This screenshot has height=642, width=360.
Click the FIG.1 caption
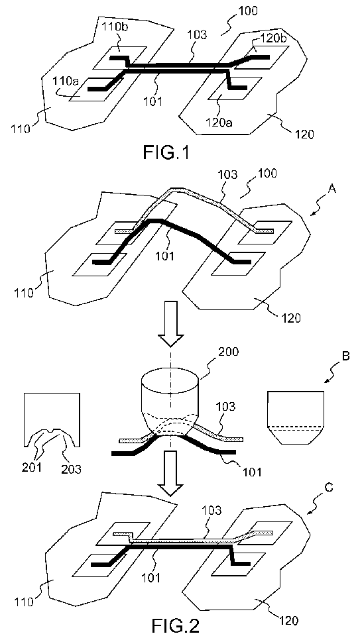click(166, 153)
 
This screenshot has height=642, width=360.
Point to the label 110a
click(65, 81)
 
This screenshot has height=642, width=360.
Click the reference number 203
click(72, 468)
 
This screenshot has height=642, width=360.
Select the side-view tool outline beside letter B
click(296, 417)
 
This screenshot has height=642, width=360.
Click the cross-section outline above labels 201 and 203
click(52, 419)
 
